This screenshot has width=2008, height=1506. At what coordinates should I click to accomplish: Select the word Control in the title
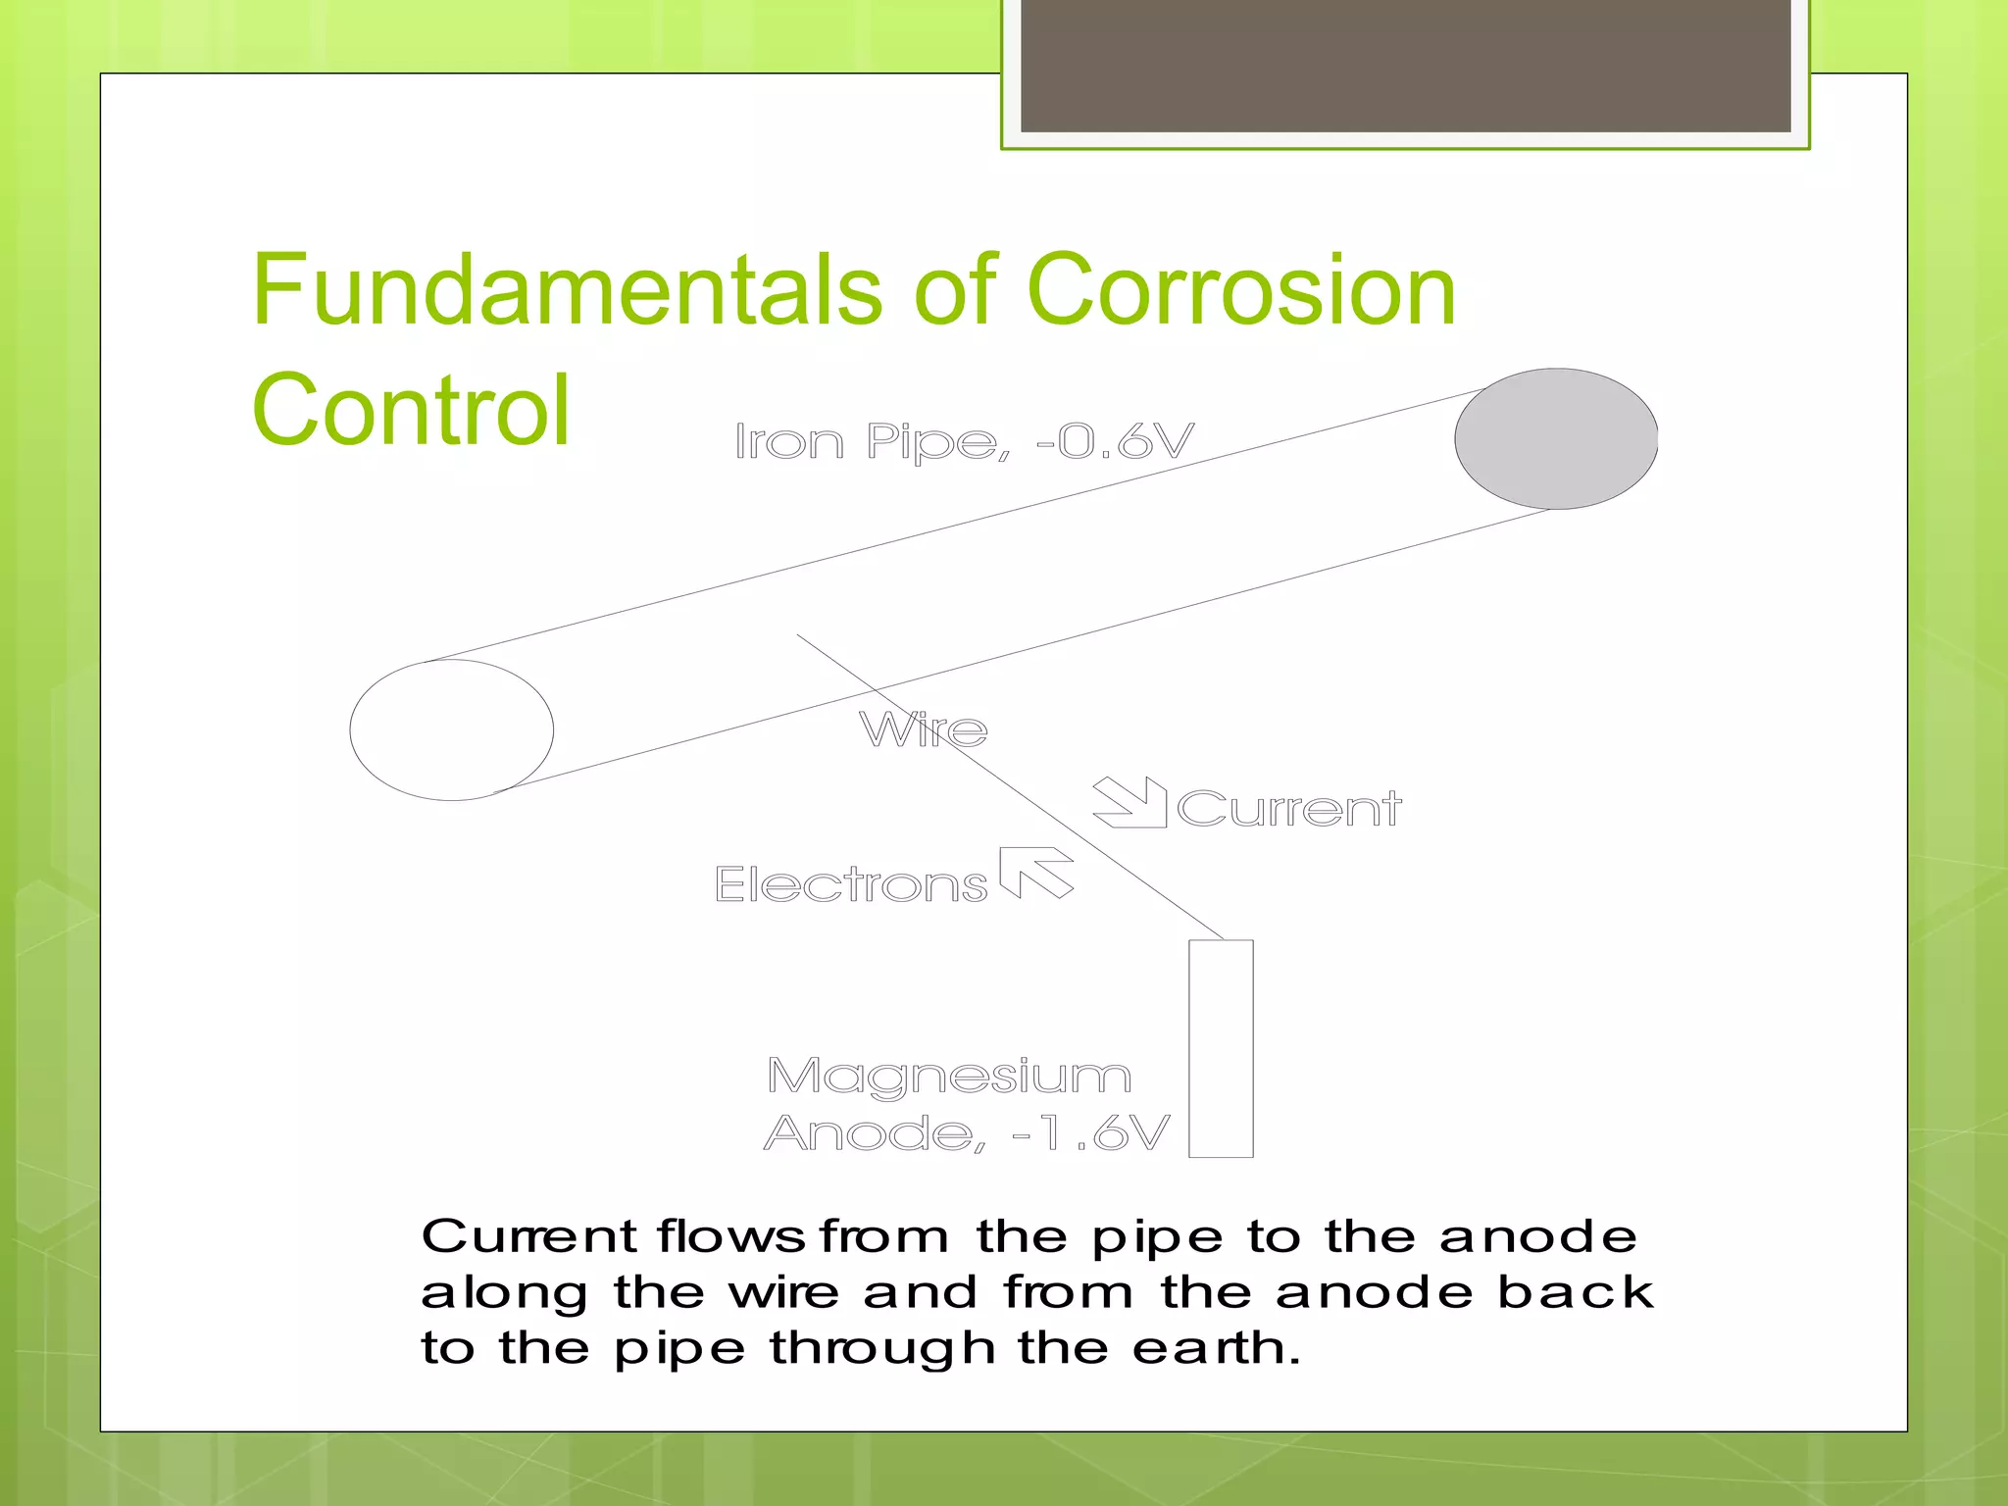click(411, 410)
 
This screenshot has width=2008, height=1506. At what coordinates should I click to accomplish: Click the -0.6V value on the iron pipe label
click(1115, 441)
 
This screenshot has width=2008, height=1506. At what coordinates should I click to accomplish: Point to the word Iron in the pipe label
click(789, 442)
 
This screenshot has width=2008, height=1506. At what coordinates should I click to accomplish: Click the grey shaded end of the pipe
click(1556, 439)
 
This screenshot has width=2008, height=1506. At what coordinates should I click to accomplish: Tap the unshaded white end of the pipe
click(451, 730)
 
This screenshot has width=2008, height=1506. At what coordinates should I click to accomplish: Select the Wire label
click(923, 729)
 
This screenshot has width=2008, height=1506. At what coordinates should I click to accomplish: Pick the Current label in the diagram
click(1288, 809)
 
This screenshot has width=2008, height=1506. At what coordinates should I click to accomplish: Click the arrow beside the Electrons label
click(1036, 872)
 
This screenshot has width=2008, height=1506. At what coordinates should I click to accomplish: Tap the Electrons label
click(850, 884)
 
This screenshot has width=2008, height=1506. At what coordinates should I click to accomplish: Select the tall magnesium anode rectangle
click(1221, 1048)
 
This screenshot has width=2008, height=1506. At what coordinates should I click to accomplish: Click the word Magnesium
click(949, 1076)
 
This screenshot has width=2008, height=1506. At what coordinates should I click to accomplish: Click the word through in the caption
click(882, 1349)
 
